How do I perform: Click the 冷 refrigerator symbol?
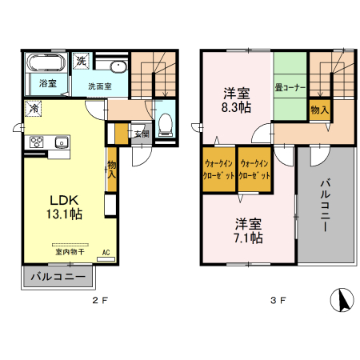(34, 108)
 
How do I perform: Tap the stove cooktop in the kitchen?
(37, 142)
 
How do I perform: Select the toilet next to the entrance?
(166, 124)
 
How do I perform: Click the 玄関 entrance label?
(141, 134)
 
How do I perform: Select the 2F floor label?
(98, 302)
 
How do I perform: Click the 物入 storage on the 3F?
(318, 109)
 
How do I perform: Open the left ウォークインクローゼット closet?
(218, 169)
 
